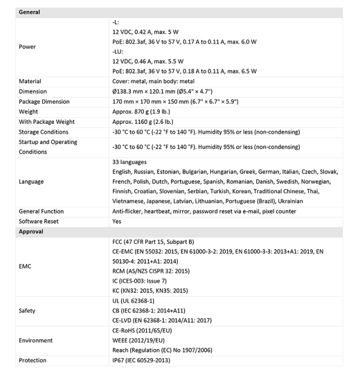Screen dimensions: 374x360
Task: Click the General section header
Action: [x=29, y=12]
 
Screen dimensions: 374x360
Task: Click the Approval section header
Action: [x=31, y=231]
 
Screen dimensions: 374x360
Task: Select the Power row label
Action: [x=27, y=47]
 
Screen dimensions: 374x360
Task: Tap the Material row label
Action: [x=30, y=82]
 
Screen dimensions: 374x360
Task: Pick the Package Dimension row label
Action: [x=44, y=102]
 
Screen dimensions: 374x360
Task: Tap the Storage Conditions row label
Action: [x=43, y=132]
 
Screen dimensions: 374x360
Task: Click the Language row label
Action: [x=31, y=181]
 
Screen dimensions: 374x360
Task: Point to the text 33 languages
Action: [x=130, y=162]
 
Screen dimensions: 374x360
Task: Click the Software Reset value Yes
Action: [x=117, y=221]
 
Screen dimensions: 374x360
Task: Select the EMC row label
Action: [x=25, y=266]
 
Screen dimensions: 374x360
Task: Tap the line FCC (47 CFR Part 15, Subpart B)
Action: [x=153, y=241]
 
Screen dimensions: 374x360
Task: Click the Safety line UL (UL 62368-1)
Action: [x=133, y=301]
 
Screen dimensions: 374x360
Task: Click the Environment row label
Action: [x=35, y=340]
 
